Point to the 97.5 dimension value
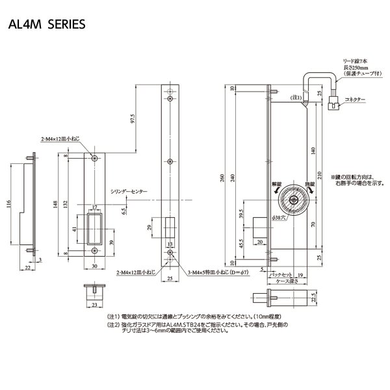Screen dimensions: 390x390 [x=132, y=121]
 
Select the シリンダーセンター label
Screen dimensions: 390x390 [x=128, y=192]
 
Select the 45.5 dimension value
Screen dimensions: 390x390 [x=242, y=244]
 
